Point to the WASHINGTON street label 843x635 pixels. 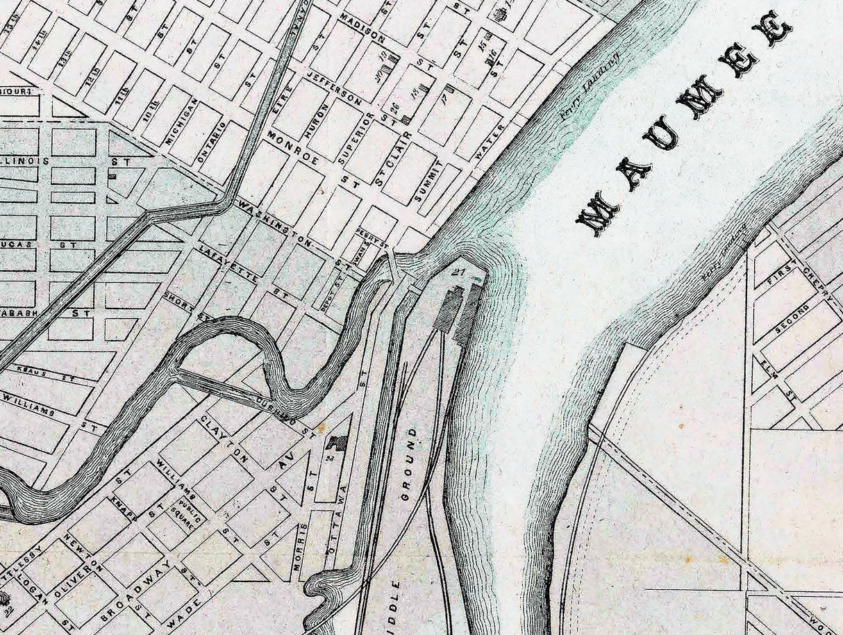tap(275, 222)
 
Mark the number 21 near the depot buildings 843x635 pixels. tap(456, 272)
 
